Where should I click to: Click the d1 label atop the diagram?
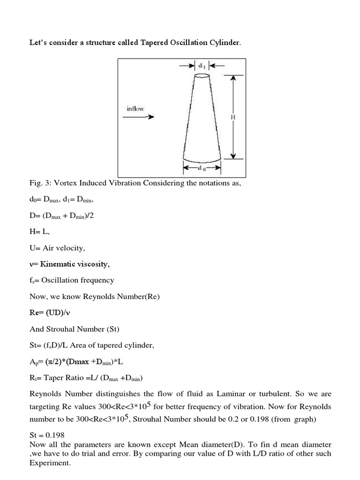[x=202, y=66]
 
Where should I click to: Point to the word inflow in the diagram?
[x=135, y=108]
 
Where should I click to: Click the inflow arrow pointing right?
[x=138, y=117]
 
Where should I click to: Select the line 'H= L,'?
[x=39, y=232]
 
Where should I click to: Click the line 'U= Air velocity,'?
[x=56, y=248]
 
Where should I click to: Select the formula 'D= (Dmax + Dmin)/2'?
[x=64, y=216]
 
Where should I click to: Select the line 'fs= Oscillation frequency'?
[x=71, y=280]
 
